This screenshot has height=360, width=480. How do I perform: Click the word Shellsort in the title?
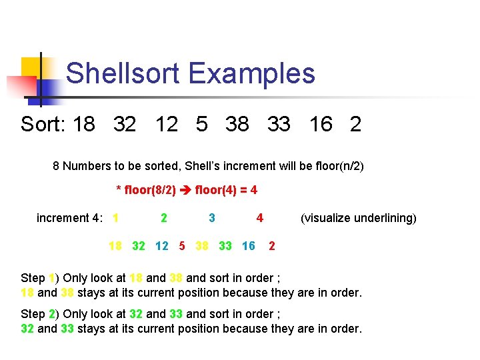pos(124,73)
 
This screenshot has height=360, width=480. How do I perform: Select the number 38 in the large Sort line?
pos(237,124)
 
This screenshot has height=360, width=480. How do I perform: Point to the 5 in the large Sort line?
pos(202,124)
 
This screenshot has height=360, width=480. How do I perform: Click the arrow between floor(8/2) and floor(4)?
pos(186,190)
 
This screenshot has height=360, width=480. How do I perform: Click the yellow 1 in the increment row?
pos(116,218)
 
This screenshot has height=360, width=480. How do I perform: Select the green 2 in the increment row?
pos(164,218)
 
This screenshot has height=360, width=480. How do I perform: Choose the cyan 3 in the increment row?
pos(212,218)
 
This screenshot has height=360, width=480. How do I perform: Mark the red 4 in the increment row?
pos(260,218)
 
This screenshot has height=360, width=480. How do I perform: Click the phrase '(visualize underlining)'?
pos(359,218)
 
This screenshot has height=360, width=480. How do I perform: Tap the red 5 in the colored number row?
pos(182,247)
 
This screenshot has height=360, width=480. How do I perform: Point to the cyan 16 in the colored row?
pos(249,247)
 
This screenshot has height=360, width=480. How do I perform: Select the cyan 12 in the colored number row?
pos(161,247)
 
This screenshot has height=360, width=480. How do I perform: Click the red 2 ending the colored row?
pos(271,247)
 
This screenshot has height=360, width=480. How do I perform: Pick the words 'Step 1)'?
pos(37,278)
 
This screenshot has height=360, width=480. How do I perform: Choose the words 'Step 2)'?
pos(37,314)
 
